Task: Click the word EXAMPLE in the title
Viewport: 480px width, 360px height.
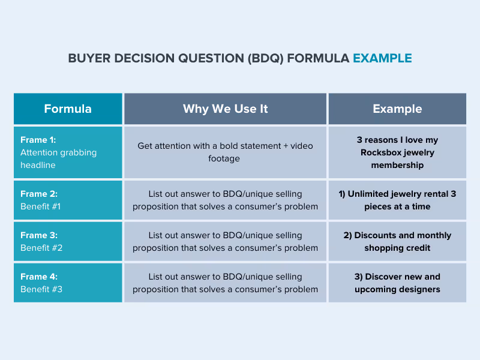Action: tap(382, 58)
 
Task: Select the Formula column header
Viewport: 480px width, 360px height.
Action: tap(68, 109)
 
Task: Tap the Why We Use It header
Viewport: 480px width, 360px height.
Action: tap(225, 109)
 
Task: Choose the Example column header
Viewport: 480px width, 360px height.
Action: tap(397, 109)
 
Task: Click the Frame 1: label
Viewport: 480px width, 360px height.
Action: tap(38, 140)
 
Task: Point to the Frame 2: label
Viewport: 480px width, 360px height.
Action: tap(38, 194)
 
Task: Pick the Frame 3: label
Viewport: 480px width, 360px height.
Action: tap(38, 235)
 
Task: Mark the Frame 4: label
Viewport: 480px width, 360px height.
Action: tap(38, 277)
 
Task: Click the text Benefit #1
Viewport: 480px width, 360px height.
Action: tap(41, 206)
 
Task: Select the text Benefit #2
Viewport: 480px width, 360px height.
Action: tap(41, 248)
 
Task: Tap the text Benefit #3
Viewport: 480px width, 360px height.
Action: tap(41, 289)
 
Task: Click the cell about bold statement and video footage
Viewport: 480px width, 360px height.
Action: tap(225, 152)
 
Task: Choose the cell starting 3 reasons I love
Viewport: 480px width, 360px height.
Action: tap(397, 152)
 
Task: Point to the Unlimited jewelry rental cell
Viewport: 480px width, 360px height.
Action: tap(397, 200)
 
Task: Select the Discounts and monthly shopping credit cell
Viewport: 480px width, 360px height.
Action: tap(397, 241)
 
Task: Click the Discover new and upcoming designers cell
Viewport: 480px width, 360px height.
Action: tap(397, 283)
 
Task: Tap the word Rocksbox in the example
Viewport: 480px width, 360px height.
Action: tap(381, 152)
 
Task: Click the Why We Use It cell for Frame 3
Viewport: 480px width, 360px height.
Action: tap(225, 241)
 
